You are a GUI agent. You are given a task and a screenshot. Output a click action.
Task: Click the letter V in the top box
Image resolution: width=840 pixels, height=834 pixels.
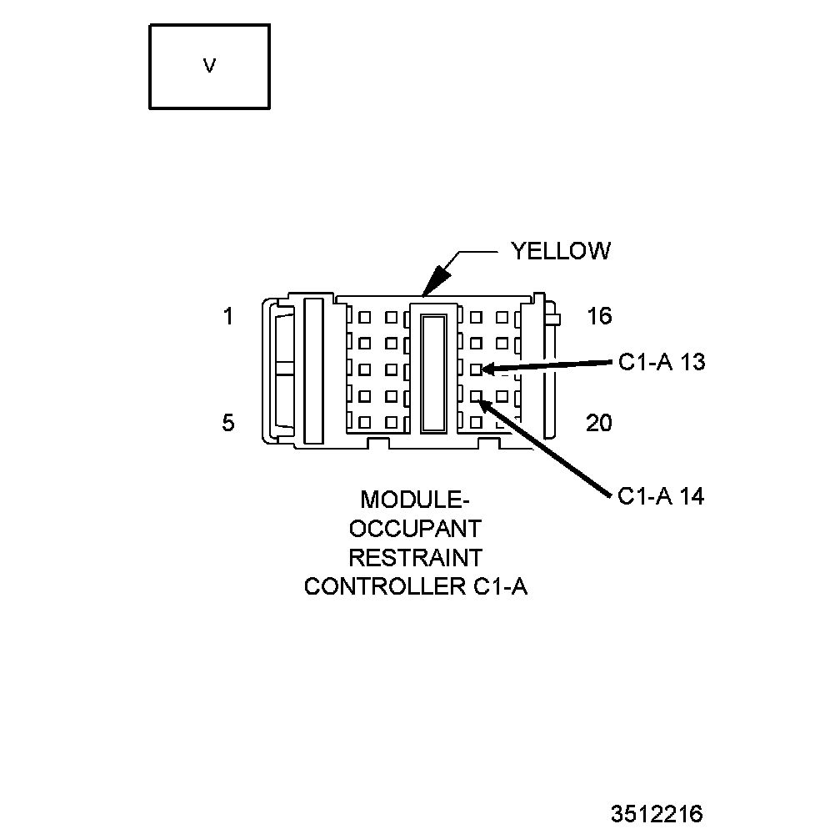pos(209,66)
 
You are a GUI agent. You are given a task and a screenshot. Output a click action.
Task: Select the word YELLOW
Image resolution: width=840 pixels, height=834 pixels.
pos(560,251)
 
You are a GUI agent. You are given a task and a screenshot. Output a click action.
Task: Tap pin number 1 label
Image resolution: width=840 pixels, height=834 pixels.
pos(228,317)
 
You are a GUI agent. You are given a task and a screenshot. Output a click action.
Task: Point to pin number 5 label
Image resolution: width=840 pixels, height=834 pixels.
pos(228,423)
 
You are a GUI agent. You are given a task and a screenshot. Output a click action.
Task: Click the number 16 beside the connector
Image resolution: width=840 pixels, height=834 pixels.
pos(598,316)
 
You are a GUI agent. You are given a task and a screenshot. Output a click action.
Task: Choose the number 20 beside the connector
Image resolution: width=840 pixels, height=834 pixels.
pos(598,424)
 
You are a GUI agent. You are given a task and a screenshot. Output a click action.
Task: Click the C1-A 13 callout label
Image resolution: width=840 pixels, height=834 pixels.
pos(662,363)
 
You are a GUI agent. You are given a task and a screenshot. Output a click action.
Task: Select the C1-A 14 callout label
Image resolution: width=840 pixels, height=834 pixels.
pos(661,496)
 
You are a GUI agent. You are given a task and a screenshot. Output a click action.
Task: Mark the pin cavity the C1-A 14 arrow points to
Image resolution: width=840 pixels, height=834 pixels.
pos(476,396)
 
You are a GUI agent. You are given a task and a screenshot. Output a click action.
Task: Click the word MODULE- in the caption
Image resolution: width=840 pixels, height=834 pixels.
pos(415,500)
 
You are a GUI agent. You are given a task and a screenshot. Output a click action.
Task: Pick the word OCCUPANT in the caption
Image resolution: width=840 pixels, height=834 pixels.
pos(415,529)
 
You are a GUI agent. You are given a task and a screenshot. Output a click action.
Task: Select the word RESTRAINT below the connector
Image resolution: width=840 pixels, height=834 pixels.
pos(415,557)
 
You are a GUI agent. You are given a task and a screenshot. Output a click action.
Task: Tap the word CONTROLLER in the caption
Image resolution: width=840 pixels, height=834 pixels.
pos(379,586)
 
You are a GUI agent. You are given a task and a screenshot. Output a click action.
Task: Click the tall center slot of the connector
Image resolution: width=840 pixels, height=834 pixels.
pos(433,372)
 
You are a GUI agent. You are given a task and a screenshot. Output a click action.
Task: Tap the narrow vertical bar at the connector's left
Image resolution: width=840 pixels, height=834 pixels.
pos(313,369)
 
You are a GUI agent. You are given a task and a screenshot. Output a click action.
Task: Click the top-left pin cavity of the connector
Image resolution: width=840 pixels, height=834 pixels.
pos(365,317)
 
